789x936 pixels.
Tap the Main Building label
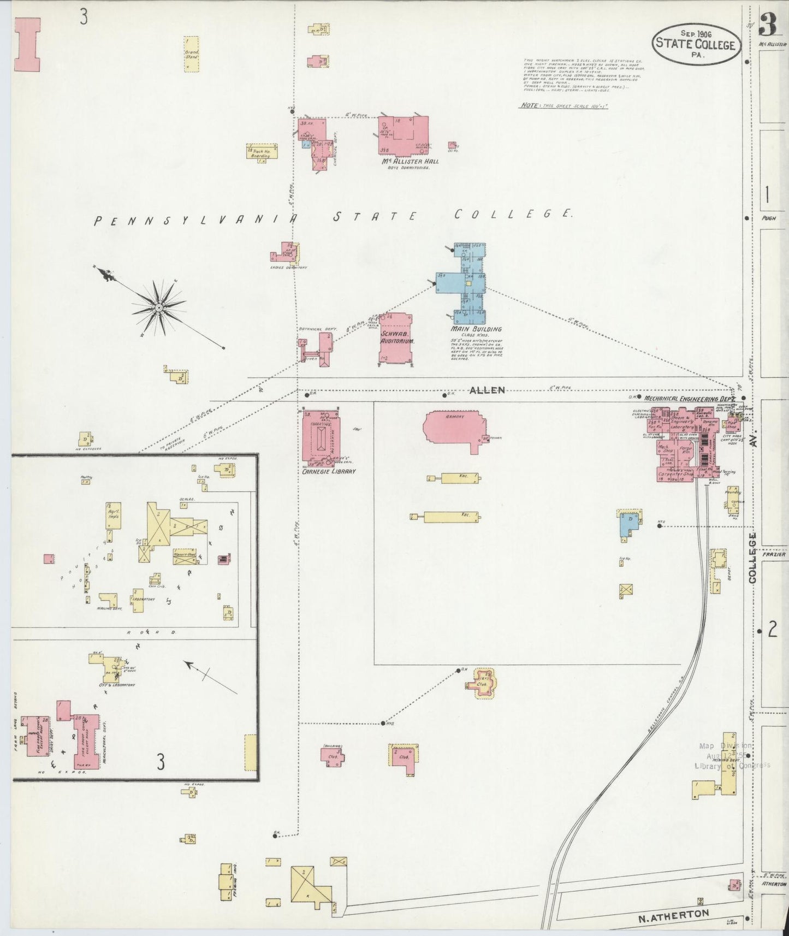pyautogui.click(x=476, y=329)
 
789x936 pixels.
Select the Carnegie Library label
pyautogui.click(x=329, y=471)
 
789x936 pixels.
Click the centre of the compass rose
pyautogui.click(x=158, y=308)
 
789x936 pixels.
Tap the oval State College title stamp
pyautogui.click(x=696, y=44)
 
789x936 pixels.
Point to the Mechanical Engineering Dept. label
pyautogui.click(x=689, y=398)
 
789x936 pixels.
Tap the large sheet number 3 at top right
pyautogui.click(x=768, y=25)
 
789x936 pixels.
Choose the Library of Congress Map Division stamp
pyautogui.click(x=732, y=756)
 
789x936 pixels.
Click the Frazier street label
pyautogui.click(x=774, y=554)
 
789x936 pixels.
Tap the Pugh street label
pyautogui.click(x=768, y=218)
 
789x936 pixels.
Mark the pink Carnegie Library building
pyautogui.click(x=321, y=436)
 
